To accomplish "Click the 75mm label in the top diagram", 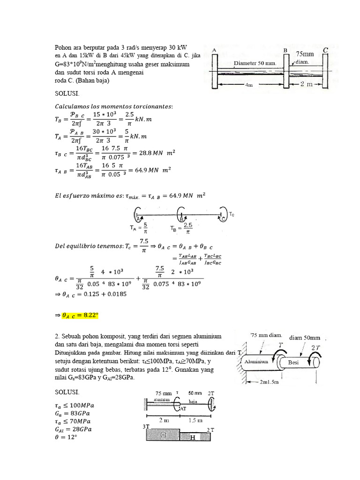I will (305, 54).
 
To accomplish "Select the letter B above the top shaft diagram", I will (285, 50).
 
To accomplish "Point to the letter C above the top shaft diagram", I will (325, 49).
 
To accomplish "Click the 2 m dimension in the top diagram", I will (307, 84).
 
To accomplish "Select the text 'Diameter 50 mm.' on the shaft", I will (255, 62).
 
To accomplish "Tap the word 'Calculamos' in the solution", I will (74, 106).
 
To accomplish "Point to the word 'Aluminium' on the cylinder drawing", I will (255, 362).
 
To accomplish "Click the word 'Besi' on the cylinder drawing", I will (294, 362).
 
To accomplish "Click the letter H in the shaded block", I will (192, 437).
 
